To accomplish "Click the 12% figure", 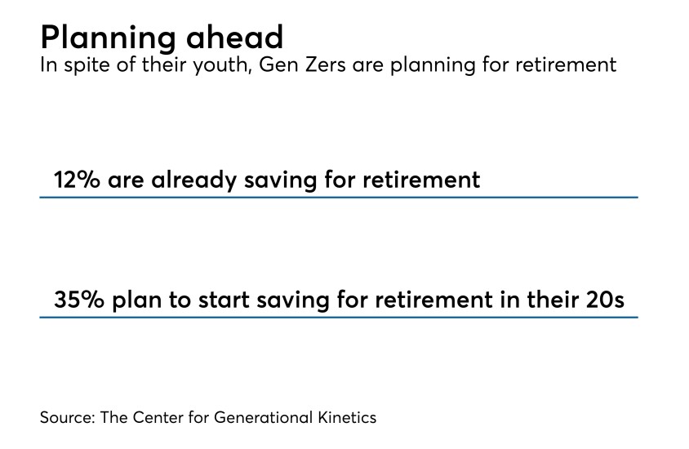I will [76, 180].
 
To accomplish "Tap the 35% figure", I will [78, 300].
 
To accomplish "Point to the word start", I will [214, 300].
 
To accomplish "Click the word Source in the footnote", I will [67, 417].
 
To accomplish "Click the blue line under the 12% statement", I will [339, 197].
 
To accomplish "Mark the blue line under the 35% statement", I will [339, 317].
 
